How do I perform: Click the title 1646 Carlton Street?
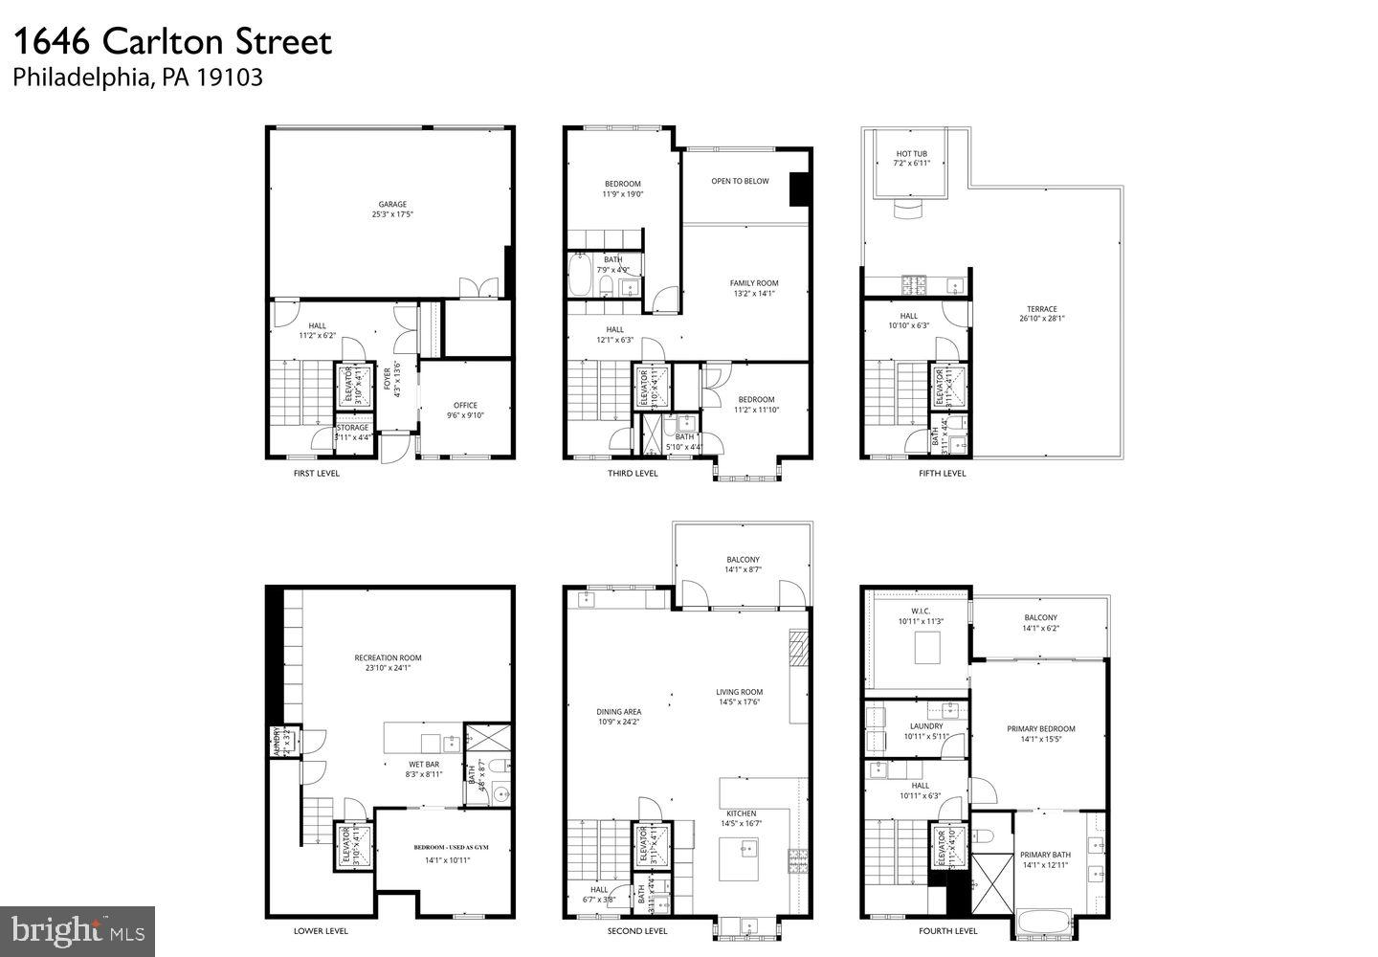172,41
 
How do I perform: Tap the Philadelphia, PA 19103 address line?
138,78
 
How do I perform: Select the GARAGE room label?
392,204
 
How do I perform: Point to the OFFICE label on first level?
465,405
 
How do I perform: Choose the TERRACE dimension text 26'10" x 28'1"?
1041,319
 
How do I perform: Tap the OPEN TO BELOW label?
740,181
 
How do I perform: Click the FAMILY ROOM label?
754,282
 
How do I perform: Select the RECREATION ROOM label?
388,657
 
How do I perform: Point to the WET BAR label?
424,764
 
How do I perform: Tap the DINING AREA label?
618,711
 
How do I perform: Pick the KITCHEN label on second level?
741,813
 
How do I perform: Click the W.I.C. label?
921,611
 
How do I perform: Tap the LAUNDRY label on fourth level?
926,726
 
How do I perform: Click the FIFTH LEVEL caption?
942,473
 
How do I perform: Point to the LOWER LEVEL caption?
321,931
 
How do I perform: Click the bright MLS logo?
78,929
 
